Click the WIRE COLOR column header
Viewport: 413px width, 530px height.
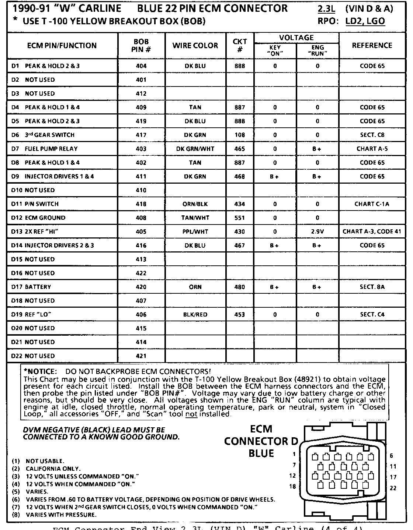pos(195,46)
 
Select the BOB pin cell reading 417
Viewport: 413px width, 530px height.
pos(141,135)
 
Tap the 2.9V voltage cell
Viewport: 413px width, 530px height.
pos(317,232)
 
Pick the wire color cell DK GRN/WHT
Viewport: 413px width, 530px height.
pos(195,149)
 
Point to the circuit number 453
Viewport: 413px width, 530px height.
pos(240,315)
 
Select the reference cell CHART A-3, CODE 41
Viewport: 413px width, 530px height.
pos(372,232)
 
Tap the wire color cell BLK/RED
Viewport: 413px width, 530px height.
pos(195,315)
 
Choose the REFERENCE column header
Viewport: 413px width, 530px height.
pos(372,46)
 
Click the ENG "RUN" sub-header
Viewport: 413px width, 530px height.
pos(317,50)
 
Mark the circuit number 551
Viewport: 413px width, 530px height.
pos(240,218)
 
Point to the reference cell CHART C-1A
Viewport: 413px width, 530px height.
pos(372,204)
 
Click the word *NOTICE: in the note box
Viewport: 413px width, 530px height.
pos(40,372)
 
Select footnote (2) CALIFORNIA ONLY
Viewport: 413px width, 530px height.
pos(53,469)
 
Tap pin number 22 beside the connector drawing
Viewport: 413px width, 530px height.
pos(393,488)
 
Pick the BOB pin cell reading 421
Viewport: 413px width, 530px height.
pos(141,356)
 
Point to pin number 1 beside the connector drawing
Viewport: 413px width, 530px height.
pos(294,455)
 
